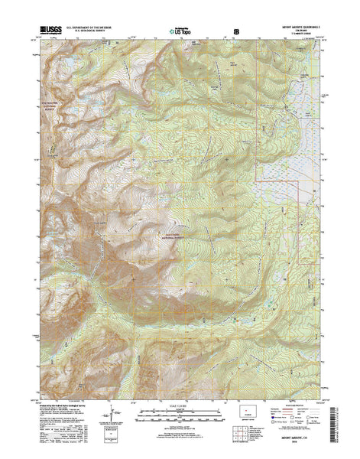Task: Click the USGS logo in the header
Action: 44,32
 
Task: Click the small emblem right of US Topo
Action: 236,32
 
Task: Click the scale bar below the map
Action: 180,418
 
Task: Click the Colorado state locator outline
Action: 245,419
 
